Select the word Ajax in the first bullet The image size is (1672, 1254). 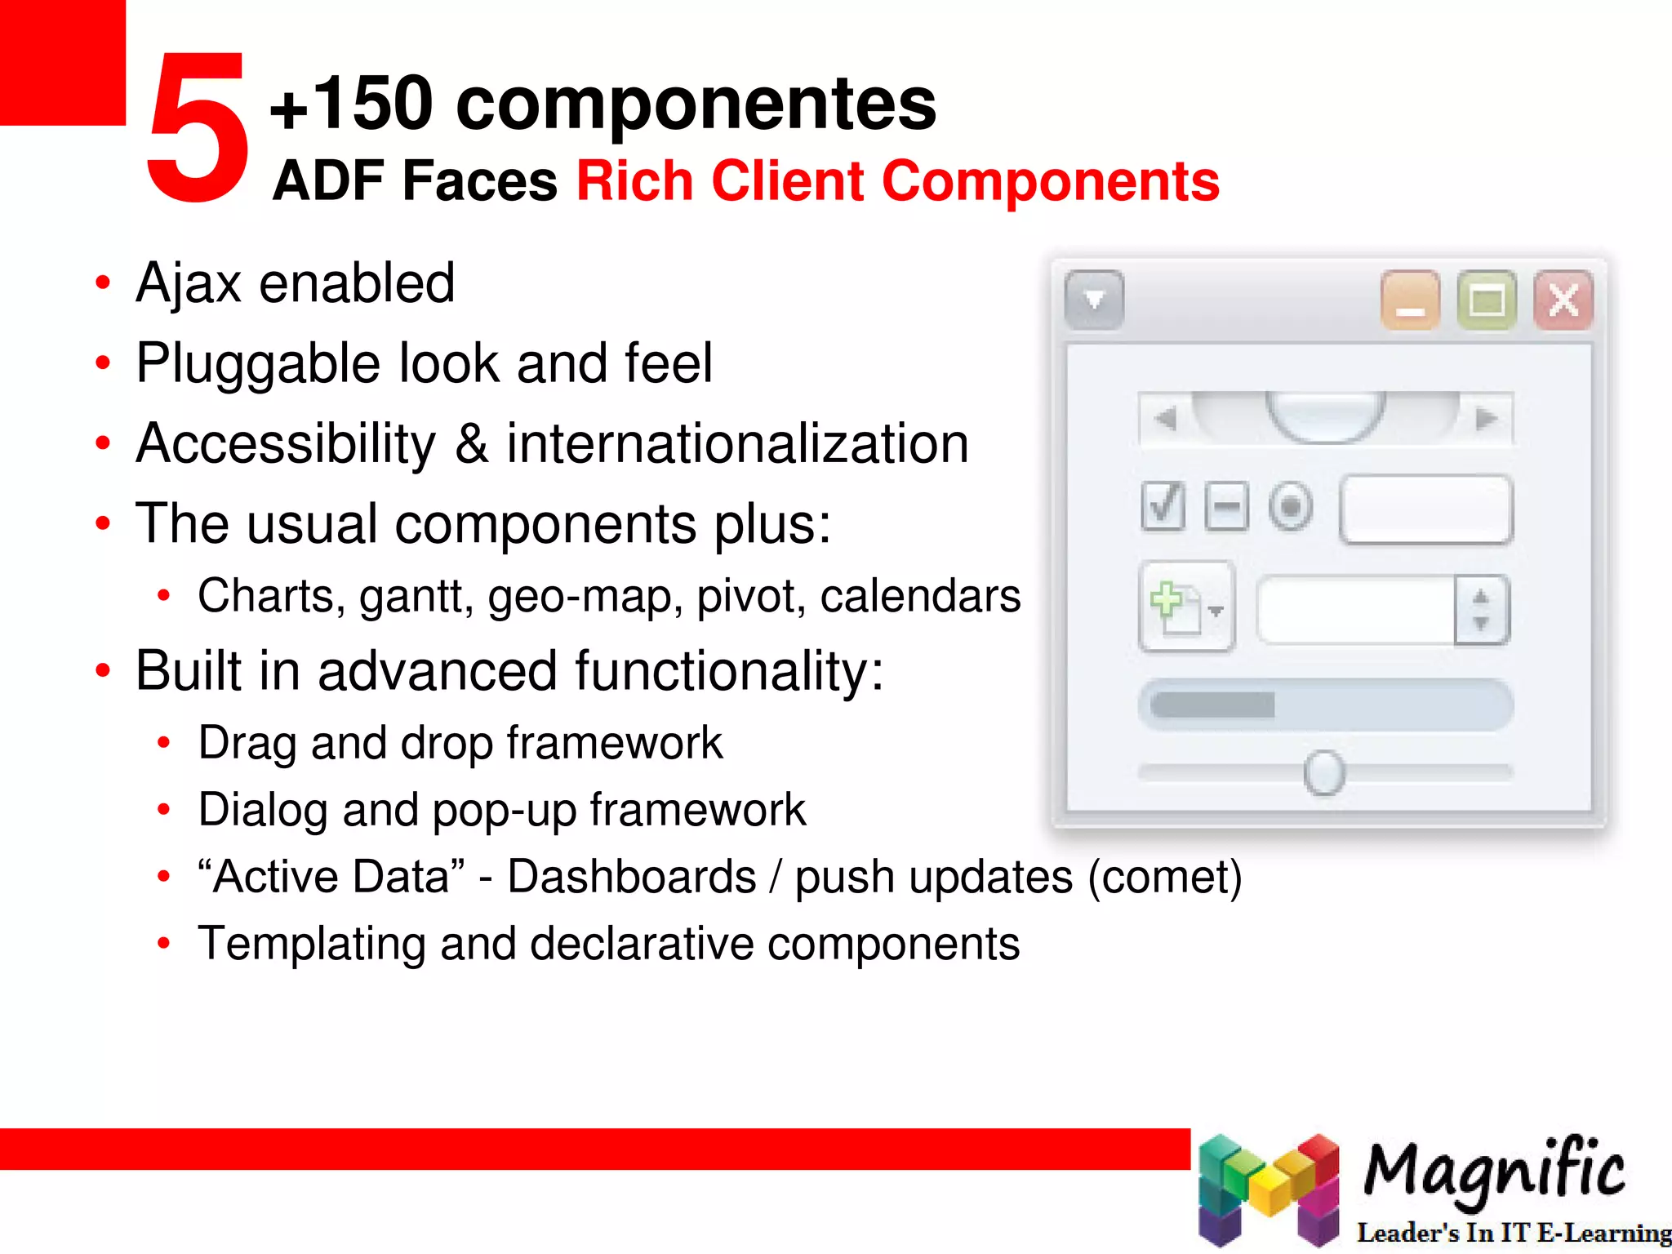coord(189,284)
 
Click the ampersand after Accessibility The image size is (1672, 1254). coord(471,444)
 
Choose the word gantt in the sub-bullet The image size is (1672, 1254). coord(416,597)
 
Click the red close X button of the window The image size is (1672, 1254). coord(1563,300)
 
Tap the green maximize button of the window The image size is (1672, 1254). coord(1487,300)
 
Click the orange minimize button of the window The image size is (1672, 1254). coord(1410,300)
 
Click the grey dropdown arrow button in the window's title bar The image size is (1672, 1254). coord(1094,300)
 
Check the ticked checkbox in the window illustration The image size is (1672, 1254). coord(1163,506)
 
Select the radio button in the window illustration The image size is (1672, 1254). coord(1291,507)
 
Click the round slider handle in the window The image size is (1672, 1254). coord(1323,772)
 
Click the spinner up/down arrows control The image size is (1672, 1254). coord(1481,610)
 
